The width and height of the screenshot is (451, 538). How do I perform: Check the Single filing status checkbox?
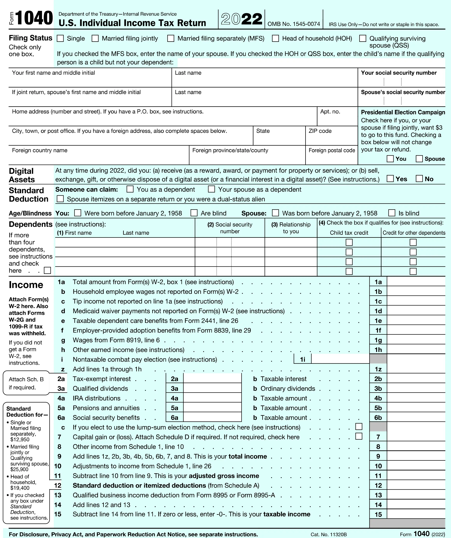(x=60, y=38)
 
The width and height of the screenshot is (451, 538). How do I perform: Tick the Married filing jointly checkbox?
(x=95, y=38)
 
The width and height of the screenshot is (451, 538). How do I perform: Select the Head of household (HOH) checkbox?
(x=275, y=38)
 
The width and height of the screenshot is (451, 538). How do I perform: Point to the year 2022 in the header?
(x=242, y=19)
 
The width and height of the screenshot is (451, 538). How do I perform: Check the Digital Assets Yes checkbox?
(x=390, y=178)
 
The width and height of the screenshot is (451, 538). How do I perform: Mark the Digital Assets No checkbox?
(x=419, y=178)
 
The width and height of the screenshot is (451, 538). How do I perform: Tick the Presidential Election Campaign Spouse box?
(x=419, y=159)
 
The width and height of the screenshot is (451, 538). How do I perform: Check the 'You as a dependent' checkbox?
(x=130, y=189)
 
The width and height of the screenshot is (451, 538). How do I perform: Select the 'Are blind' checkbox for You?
(x=194, y=213)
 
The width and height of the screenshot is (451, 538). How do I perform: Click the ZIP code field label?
(x=320, y=131)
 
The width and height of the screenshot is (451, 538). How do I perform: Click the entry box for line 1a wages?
(x=416, y=282)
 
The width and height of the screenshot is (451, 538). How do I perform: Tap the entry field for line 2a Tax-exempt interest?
(x=212, y=379)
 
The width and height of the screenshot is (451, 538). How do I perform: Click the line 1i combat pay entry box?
(x=340, y=359)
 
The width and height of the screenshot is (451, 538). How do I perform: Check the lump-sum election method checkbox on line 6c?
(x=359, y=426)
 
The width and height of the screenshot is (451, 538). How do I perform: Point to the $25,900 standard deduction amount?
(x=20, y=469)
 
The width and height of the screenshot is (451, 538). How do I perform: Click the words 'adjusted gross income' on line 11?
(x=224, y=476)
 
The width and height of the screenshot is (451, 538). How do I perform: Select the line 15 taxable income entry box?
(x=416, y=514)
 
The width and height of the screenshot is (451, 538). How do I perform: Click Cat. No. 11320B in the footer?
(x=329, y=534)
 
